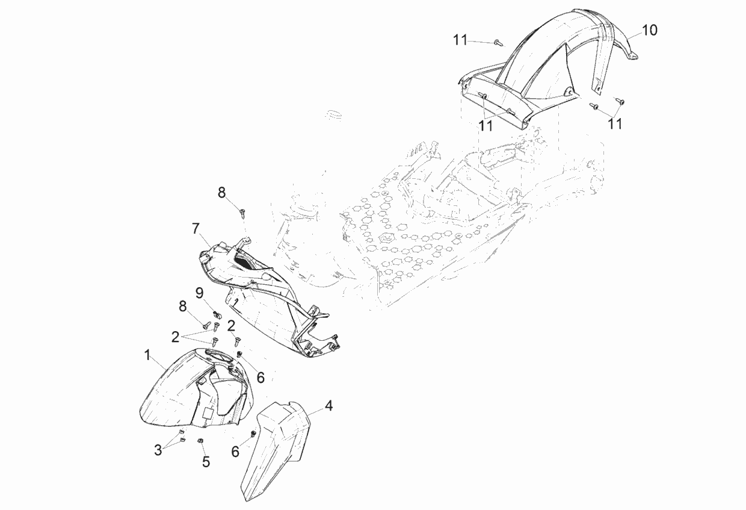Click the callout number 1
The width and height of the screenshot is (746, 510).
[147, 355]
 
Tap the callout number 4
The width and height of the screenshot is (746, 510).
[328, 406]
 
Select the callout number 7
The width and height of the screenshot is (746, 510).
[196, 229]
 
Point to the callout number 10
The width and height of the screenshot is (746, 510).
[649, 30]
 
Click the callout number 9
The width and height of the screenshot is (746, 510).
[199, 293]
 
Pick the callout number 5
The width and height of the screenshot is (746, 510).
[206, 462]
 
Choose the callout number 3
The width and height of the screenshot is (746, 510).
[158, 450]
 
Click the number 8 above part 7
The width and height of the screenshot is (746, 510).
[222, 193]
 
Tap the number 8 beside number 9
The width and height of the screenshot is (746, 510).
[183, 306]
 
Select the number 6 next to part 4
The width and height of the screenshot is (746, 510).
[235, 452]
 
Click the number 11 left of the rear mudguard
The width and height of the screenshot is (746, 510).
[460, 40]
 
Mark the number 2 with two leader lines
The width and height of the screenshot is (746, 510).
[175, 337]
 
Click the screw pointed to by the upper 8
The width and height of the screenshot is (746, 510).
[243, 212]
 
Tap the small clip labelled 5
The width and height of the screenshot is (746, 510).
[200, 440]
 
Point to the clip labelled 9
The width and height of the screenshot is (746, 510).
[217, 314]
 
